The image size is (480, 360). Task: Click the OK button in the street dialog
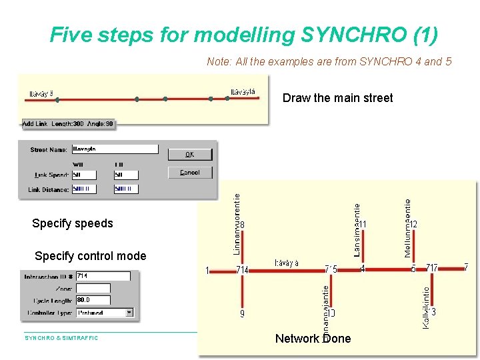click(x=189, y=154)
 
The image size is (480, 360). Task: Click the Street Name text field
click(x=115, y=149)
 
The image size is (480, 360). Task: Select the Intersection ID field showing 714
click(x=103, y=276)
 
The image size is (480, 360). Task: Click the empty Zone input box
click(x=93, y=288)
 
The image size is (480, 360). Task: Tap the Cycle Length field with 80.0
click(x=93, y=300)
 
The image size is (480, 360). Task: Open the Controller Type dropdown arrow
click(x=129, y=312)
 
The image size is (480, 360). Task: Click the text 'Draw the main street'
click(x=337, y=98)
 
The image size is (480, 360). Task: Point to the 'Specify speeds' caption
click(x=73, y=223)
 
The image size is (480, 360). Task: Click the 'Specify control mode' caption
click(x=90, y=256)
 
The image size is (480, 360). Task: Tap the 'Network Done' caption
click(x=313, y=339)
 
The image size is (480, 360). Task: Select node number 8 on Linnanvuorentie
click(x=242, y=225)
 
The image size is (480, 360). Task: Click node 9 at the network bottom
click(x=242, y=313)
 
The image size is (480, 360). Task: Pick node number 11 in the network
click(x=363, y=225)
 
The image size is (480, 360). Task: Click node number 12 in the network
click(x=413, y=225)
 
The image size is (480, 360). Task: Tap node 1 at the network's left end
click(x=208, y=270)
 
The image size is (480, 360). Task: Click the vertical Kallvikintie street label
click(x=425, y=307)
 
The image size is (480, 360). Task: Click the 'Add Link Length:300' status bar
click(x=68, y=124)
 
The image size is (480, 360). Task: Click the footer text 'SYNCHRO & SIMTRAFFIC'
click(x=61, y=338)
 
